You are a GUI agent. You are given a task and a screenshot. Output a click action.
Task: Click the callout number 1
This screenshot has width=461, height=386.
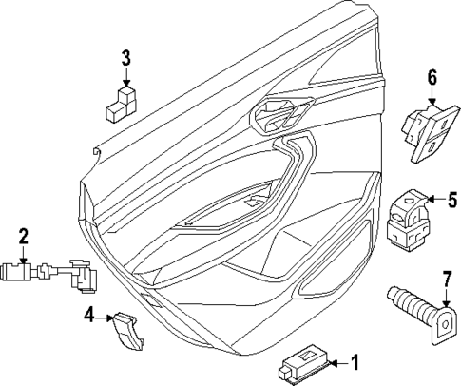click(x=355, y=362)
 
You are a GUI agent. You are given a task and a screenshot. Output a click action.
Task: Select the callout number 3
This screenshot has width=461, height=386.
click(x=125, y=58)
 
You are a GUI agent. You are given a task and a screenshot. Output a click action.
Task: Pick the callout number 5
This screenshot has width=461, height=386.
click(x=452, y=201)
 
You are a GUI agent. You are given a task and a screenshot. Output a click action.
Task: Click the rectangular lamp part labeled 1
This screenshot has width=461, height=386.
click(x=304, y=365)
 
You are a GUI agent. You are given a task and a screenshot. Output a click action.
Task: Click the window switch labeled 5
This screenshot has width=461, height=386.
click(x=409, y=219)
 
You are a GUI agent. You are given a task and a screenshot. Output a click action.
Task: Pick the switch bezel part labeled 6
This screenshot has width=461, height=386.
click(x=428, y=129)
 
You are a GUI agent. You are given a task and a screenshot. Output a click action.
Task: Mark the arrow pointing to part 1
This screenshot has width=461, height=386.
click(x=340, y=362)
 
